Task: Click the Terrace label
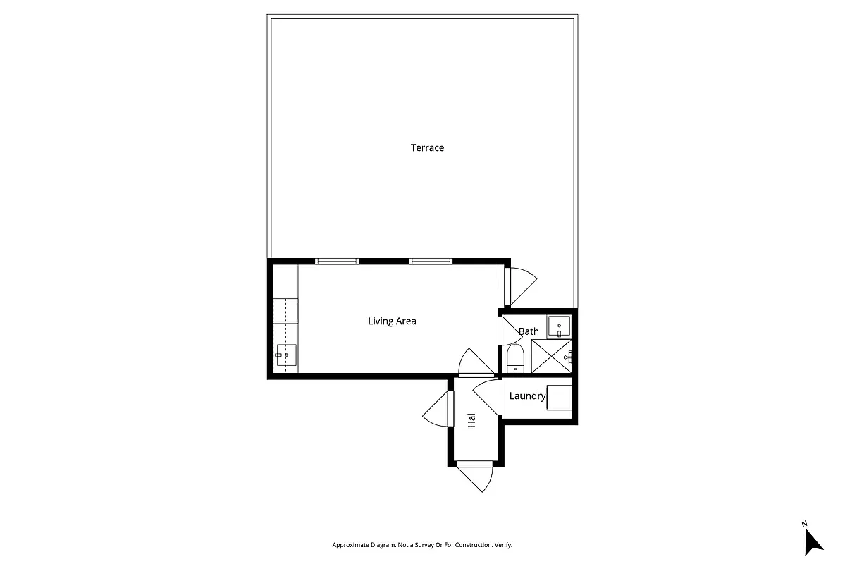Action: (x=427, y=148)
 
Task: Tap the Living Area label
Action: (x=392, y=321)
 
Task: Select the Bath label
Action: (x=529, y=331)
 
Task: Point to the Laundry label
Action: (x=527, y=396)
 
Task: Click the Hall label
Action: (x=471, y=419)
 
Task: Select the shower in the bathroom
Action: (x=551, y=356)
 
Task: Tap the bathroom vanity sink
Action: (x=559, y=326)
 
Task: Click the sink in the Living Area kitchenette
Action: (x=286, y=355)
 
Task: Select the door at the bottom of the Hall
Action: (x=476, y=477)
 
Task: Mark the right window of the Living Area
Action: (x=431, y=262)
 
